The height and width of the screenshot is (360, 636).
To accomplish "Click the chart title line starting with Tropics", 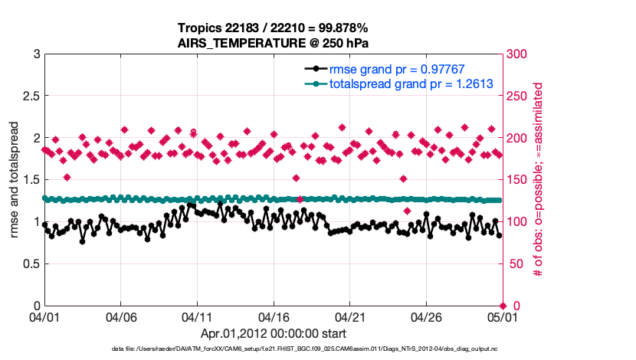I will point(274,28).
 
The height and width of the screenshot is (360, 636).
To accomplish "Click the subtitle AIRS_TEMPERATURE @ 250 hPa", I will point(274,43).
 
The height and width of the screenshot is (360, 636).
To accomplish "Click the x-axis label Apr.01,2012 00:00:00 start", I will point(274,334).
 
